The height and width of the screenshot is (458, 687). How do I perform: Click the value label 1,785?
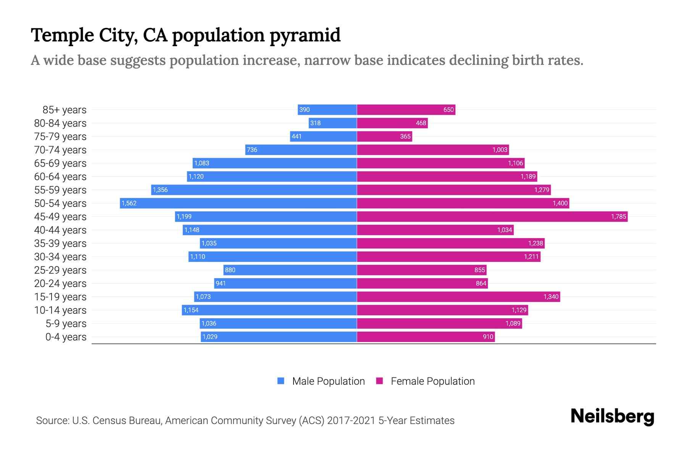pyautogui.click(x=618, y=216)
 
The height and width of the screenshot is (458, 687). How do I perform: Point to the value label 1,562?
pyautogui.click(x=129, y=203)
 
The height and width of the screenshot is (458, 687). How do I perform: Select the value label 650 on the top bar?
pyautogui.click(x=448, y=110)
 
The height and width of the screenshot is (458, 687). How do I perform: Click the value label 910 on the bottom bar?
pyautogui.click(x=488, y=337)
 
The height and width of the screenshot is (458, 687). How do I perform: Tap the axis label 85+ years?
pyautogui.click(x=65, y=110)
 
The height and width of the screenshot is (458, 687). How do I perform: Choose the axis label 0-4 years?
pyautogui.click(x=66, y=337)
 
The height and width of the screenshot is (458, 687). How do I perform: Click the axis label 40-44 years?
pyautogui.click(x=60, y=230)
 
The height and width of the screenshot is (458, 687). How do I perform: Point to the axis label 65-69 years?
pyautogui.click(x=60, y=163)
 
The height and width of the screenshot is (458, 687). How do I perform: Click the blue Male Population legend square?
pyautogui.click(x=281, y=381)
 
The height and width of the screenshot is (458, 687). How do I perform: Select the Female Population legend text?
pyautogui.click(x=432, y=381)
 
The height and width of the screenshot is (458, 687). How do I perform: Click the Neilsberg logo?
pyautogui.click(x=612, y=416)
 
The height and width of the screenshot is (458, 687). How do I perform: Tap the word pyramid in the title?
pyautogui.click(x=305, y=35)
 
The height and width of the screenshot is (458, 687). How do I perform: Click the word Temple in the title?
pyautogui.click(x=62, y=35)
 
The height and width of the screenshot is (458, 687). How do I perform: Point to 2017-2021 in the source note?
pyautogui.click(x=351, y=421)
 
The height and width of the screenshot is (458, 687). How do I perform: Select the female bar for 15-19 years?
pyautogui.click(x=458, y=297)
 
